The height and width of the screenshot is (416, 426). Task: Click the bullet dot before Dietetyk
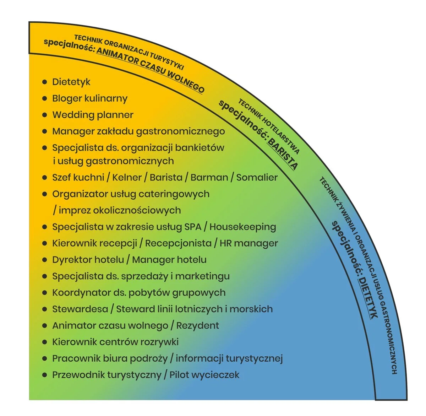click(x=45, y=82)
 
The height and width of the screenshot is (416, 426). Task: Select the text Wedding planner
click(x=93, y=115)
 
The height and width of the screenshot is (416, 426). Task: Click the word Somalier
click(x=257, y=177)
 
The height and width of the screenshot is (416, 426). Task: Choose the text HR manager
click(x=248, y=243)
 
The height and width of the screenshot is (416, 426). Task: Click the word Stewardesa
click(x=80, y=309)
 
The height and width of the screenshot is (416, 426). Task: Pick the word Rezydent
click(x=197, y=325)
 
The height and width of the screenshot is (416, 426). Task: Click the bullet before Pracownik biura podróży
click(x=45, y=358)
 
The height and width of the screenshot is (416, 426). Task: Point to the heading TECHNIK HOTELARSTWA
click(x=268, y=125)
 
